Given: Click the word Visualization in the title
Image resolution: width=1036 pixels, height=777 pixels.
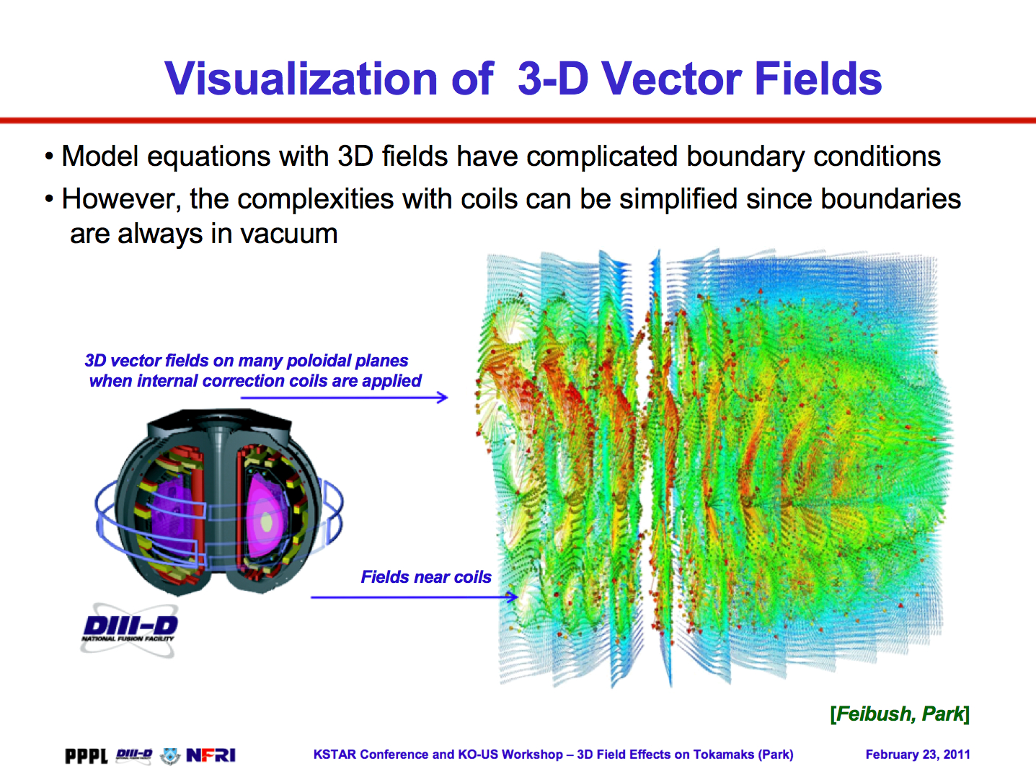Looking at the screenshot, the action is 301,79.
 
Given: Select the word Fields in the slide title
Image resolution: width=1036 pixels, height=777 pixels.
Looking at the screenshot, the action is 818,79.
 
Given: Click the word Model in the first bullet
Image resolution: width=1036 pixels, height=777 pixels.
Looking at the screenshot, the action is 100,156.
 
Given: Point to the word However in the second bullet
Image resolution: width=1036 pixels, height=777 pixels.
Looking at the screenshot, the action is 121,199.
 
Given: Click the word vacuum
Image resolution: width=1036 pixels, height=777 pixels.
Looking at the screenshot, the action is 288,234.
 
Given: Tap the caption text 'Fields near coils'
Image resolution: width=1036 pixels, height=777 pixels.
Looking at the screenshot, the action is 426,577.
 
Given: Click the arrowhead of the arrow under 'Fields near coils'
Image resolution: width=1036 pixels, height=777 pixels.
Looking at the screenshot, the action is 513,597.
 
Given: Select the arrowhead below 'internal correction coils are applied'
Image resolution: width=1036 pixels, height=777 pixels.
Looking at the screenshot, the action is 442,398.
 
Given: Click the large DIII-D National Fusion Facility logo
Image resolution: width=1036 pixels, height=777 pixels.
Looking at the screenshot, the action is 129,630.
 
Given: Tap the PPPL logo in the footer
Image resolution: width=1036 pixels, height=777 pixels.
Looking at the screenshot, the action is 87,755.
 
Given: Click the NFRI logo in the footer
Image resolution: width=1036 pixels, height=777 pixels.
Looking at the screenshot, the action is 211,755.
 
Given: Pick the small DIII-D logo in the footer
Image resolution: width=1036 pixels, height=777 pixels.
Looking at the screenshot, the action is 134,755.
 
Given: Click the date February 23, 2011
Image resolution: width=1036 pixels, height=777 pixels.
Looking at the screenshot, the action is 917,755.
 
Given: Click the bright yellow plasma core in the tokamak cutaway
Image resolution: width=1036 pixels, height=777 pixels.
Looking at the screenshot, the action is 267,522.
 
